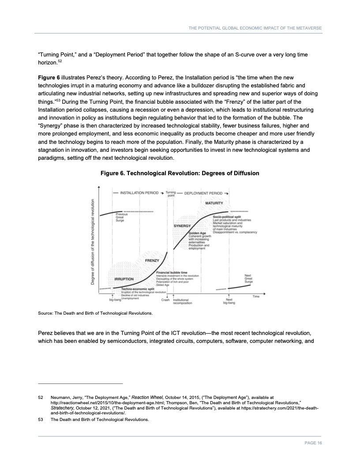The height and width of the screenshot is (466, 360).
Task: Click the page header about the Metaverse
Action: click(255, 28)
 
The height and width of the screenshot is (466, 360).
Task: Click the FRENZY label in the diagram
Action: click(152, 261)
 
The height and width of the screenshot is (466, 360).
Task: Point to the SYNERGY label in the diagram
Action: click(181, 226)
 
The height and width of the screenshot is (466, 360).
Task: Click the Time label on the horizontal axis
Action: click(256, 296)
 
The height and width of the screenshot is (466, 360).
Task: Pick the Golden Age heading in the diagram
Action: click(197, 233)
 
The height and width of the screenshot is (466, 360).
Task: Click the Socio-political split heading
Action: click(227, 217)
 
